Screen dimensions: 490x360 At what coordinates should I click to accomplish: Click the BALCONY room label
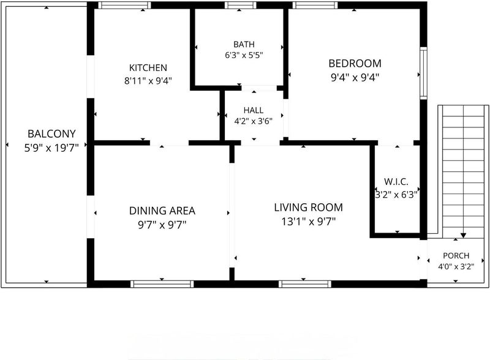(51, 133)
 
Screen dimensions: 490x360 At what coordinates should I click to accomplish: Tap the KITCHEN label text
(148, 68)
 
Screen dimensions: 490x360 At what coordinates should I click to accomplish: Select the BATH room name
(244, 44)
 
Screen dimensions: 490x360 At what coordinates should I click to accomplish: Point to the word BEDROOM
(355, 64)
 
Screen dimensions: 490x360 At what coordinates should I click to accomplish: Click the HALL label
(254, 110)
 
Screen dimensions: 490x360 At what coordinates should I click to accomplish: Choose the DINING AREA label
(162, 211)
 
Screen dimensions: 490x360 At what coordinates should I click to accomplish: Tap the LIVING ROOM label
(309, 208)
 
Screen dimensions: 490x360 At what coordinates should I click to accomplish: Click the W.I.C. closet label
(396, 182)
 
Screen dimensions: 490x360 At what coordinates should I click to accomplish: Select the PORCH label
(456, 256)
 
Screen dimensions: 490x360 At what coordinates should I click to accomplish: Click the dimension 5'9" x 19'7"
(51, 148)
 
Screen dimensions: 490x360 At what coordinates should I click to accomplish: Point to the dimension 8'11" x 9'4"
(148, 81)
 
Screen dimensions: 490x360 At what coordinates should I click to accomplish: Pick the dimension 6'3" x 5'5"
(244, 55)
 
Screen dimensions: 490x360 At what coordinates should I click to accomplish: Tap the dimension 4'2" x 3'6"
(254, 121)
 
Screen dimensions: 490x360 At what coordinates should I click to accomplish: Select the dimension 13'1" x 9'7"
(309, 222)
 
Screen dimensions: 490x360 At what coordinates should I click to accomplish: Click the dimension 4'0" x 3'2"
(456, 266)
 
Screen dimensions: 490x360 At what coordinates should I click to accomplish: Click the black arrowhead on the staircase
(464, 235)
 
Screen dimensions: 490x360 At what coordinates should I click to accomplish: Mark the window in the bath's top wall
(240, 6)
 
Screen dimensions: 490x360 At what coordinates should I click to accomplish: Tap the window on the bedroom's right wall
(423, 73)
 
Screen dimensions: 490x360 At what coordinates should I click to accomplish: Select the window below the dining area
(162, 283)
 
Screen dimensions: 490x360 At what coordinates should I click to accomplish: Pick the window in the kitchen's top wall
(124, 6)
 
